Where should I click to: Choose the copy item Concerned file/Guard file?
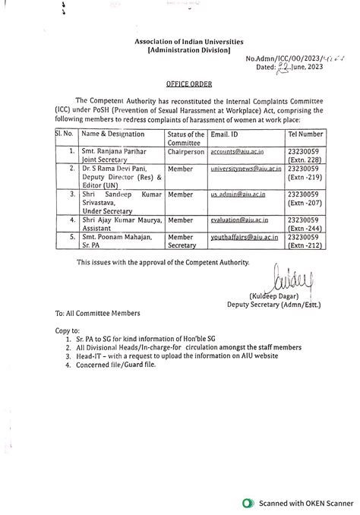coord(113,365)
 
